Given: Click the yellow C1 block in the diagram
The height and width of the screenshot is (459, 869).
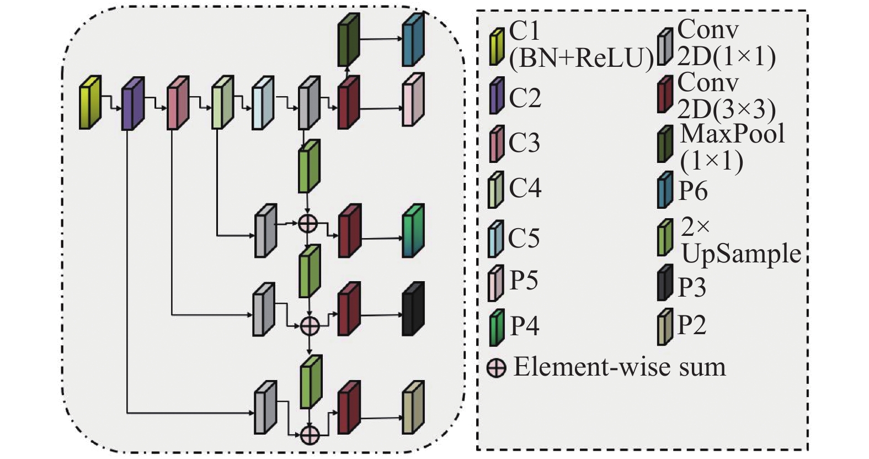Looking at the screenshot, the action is coord(90,103).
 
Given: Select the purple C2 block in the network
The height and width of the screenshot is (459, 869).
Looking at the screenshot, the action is coord(132,104).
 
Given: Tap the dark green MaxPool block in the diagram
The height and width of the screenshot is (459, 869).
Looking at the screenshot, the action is coord(348,40).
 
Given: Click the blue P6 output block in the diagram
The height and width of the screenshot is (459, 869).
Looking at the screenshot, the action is coord(413,40).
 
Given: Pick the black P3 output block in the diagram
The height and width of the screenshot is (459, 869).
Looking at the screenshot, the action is coord(413,309).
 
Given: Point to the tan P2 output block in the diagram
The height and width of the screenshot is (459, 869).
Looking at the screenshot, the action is coord(413,407).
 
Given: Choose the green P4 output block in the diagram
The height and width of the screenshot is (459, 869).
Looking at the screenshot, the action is coord(413,231).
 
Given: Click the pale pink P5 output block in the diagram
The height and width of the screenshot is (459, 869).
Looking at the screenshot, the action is coord(413,99).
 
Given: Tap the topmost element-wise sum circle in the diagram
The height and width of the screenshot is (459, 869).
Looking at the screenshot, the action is coord(308,223).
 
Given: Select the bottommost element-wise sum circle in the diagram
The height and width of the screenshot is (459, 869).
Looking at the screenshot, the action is coord(310,435).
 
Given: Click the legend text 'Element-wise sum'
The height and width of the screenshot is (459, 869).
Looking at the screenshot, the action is coord(620,367).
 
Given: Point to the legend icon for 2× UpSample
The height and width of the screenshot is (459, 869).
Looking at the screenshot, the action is coord(665,238).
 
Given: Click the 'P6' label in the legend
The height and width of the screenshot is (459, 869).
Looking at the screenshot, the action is coord(693,191).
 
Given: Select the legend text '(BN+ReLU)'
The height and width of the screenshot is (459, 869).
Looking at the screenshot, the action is coord(581,60).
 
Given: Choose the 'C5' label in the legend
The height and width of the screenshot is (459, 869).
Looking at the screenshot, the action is coord(524,238).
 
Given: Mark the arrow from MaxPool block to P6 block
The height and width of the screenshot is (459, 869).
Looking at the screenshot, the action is coord(381,39).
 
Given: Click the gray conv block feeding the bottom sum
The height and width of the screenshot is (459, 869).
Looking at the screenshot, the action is coord(265,407).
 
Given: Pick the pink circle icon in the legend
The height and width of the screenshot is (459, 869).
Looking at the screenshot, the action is coord(497,367).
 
